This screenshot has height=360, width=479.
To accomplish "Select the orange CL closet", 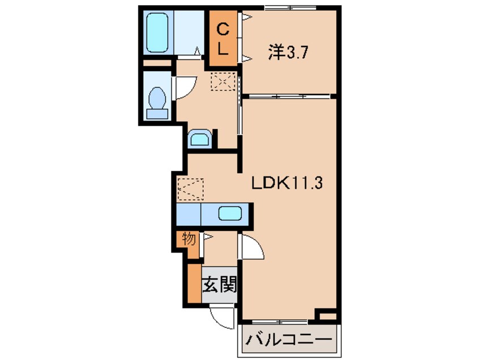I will pos(223,37).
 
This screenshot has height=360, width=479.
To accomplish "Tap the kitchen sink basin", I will pos(230,215).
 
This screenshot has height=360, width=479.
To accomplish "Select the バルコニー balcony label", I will pos(289,341).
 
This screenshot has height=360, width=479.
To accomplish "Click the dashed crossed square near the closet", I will pos(222,82).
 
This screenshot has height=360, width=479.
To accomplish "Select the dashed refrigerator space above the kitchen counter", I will pos(190,190).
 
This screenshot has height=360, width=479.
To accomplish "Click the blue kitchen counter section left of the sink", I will pos(188,215).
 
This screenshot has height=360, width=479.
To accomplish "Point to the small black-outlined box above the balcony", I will pos(327,314).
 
